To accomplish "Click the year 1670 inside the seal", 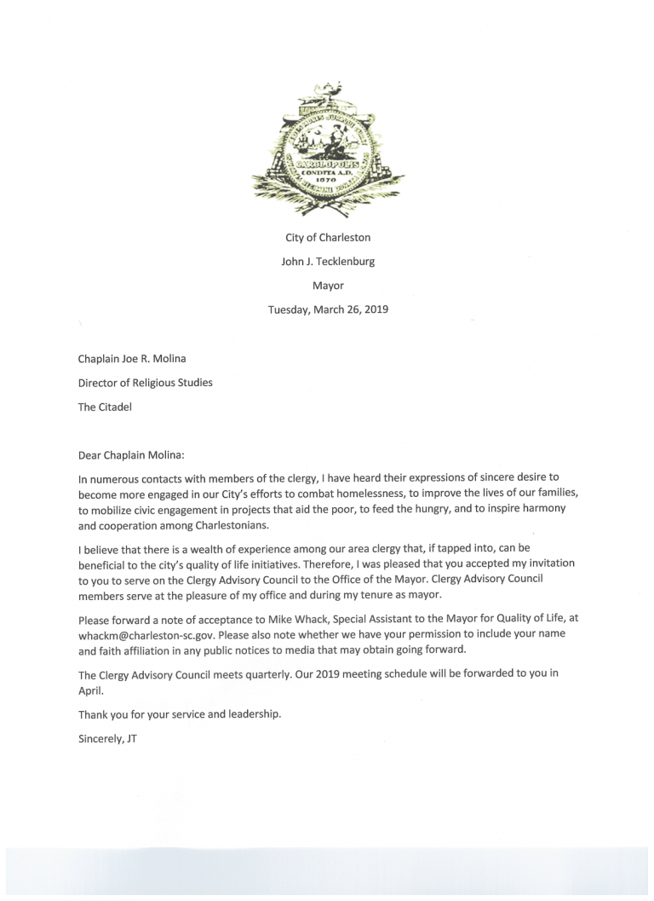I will [x=327, y=180].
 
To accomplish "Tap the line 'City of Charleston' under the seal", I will [x=328, y=238].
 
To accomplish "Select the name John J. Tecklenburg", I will [x=328, y=262].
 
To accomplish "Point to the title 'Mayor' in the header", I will [x=328, y=286].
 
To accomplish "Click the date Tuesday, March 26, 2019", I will [x=328, y=309].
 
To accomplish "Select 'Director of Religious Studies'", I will [x=145, y=383].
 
